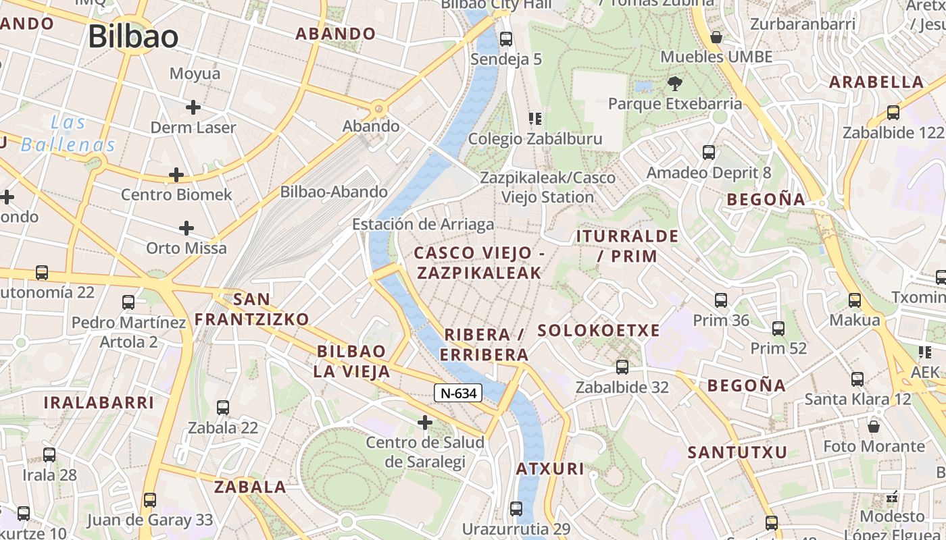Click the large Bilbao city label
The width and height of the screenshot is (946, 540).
[133, 36]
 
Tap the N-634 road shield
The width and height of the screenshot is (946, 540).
[458, 393]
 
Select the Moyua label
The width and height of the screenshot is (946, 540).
[195, 74]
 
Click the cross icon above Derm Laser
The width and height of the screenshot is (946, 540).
[193, 107]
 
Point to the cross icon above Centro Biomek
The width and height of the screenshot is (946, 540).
[176, 175]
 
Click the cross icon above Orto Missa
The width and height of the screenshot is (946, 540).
[186, 228]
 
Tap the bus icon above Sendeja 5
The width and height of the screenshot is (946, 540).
[506, 39]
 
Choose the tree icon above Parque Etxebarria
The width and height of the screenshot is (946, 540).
[674, 84]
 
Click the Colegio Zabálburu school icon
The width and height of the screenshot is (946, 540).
[535, 119]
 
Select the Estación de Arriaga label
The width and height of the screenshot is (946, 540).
[423, 224]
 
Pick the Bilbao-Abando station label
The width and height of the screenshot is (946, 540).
[334, 192]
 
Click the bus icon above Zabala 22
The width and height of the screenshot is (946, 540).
[223, 408]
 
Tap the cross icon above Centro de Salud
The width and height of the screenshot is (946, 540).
[424, 423]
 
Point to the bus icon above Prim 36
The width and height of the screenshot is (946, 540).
[721, 300]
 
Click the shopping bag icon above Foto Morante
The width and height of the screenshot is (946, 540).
[874, 427]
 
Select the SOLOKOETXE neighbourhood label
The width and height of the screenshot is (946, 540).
[598, 331]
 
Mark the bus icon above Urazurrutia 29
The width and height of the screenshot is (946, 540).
[516, 508]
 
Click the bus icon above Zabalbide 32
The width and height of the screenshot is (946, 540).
[622, 367]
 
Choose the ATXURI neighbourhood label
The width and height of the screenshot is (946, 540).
[550, 469]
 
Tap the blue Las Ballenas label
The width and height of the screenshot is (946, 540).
[68, 134]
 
